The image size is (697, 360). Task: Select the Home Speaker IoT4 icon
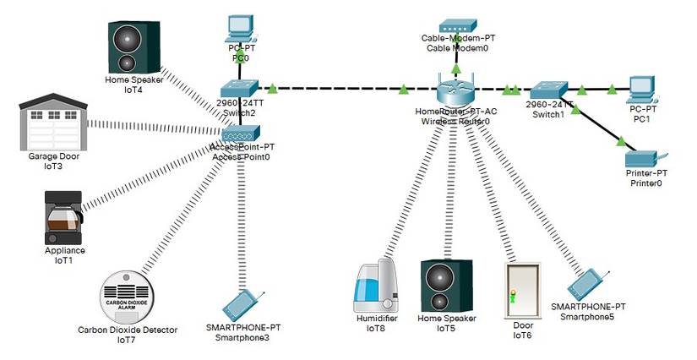tap(133, 46)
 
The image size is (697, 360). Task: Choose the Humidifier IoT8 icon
tap(377, 288)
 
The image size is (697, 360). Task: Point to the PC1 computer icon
tap(641, 88)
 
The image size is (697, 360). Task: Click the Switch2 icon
tap(237, 89)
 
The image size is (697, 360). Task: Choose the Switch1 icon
tap(548, 89)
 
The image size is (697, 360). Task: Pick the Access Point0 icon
tap(242, 133)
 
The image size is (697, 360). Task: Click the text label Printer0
tap(645, 183)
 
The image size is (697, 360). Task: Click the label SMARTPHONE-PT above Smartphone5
tap(588, 306)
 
